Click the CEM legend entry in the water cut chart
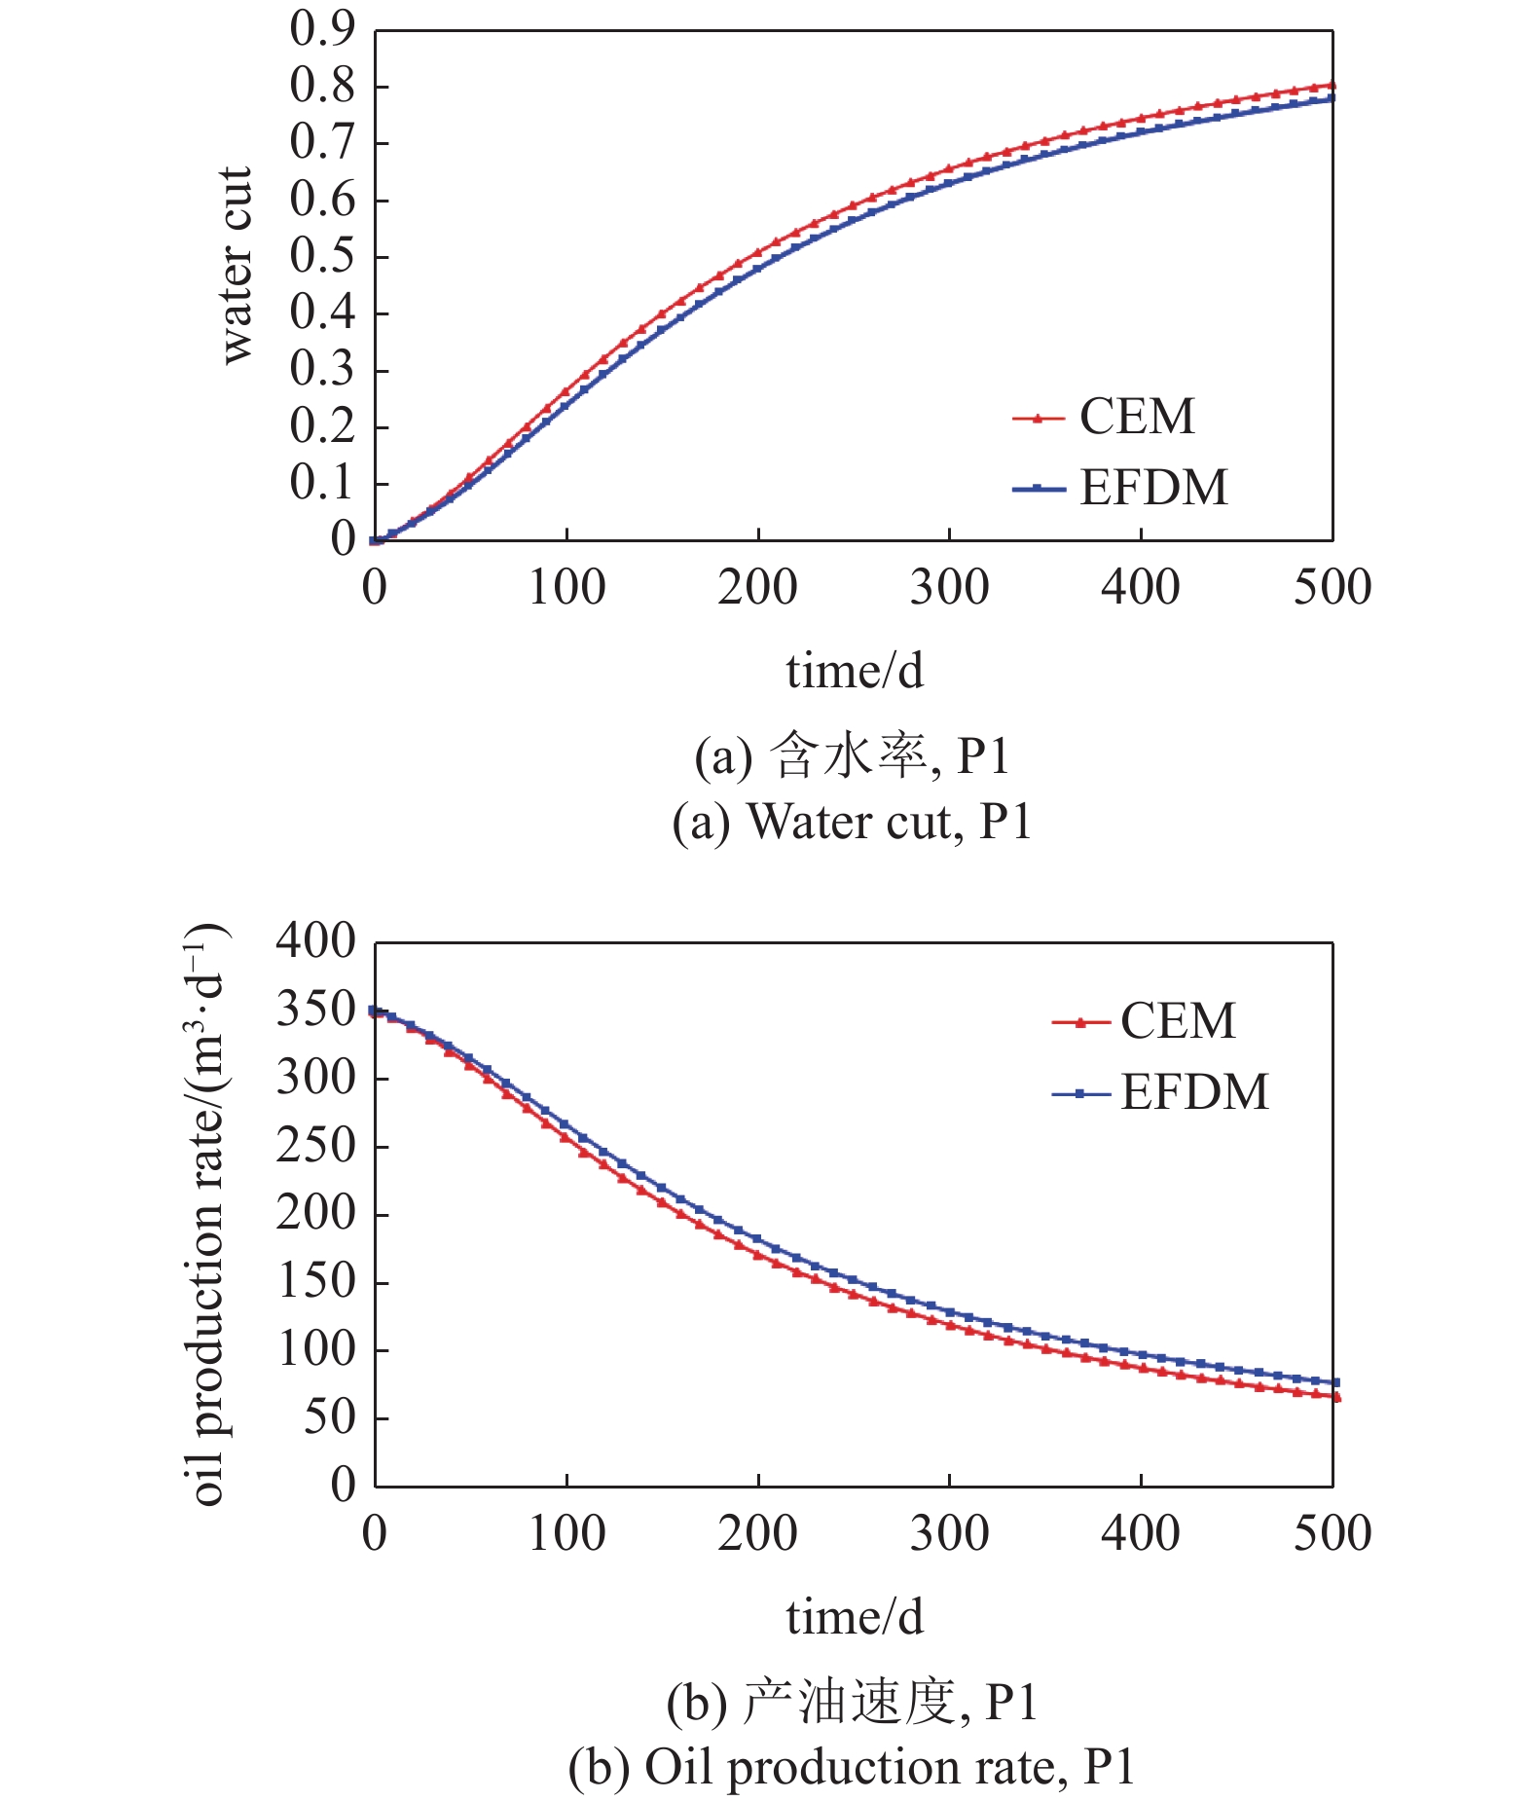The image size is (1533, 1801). [x=1104, y=417]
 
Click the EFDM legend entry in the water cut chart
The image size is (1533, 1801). [x=1120, y=487]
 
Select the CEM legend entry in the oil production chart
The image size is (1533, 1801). [x=1144, y=1021]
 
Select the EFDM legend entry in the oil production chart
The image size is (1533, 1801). [x=1160, y=1092]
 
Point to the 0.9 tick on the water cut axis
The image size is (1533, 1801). [x=323, y=30]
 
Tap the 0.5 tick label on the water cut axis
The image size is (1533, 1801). [x=323, y=257]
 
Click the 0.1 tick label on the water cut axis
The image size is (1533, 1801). [x=323, y=483]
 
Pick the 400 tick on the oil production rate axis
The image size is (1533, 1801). [x=316, y=941]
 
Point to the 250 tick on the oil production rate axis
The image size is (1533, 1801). [x=316, y=1146]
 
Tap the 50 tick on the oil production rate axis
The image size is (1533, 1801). [x=330, y=1417]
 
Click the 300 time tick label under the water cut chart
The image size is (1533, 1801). [x=949, y=587]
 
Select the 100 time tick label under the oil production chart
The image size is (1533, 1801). [x=566, y=1533]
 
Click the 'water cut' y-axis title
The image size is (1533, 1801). [x=237, y=265]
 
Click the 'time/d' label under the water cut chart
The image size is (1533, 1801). [x=855, y=671]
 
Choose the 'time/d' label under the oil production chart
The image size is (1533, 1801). [x=855, y=1617]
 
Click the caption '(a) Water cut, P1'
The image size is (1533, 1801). [x=852, y=823]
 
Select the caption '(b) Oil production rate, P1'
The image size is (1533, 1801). [x=852, y=1768]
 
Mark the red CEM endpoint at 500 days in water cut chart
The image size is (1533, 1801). [x=1332, y=86]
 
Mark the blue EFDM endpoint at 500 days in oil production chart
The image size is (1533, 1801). [x=1335, y=1382]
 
